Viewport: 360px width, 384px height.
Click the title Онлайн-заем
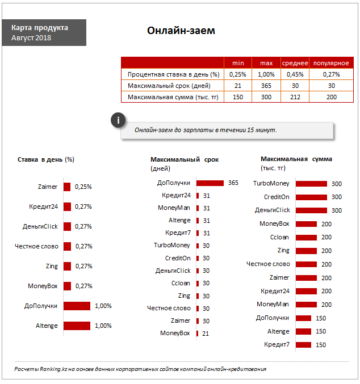coord(181,31)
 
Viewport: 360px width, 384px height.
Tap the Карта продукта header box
coord(44,32)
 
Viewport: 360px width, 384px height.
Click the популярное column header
coord(331,63)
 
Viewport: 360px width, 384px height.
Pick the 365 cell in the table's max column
coord(266,86)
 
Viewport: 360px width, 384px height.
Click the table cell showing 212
coord(295,97)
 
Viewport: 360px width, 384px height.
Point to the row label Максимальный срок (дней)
coord(169,86)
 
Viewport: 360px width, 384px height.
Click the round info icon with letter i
coord(118,120)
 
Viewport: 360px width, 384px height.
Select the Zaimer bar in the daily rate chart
coord(67,187)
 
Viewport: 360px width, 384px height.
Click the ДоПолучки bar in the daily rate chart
coord(77,306)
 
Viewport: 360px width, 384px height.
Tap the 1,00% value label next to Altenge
coord(103,326)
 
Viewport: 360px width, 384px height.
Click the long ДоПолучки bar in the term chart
coord(210,183)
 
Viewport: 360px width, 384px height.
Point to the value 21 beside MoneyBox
coord(206,334)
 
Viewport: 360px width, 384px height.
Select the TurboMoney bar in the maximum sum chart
coord(311,183)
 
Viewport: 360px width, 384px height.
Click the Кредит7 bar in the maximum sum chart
coord(304,345)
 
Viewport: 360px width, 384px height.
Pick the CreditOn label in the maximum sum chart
coord(277,197)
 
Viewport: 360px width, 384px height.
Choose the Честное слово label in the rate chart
coord(36,246)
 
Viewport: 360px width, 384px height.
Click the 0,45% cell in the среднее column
coord(295,74)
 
